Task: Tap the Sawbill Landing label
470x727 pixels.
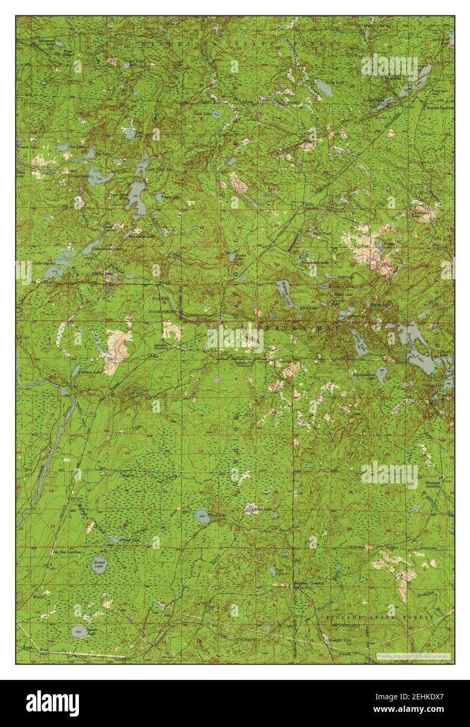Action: point(440,108)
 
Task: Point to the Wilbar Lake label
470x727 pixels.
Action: point(129,539)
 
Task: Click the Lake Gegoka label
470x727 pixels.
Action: point(44,263)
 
